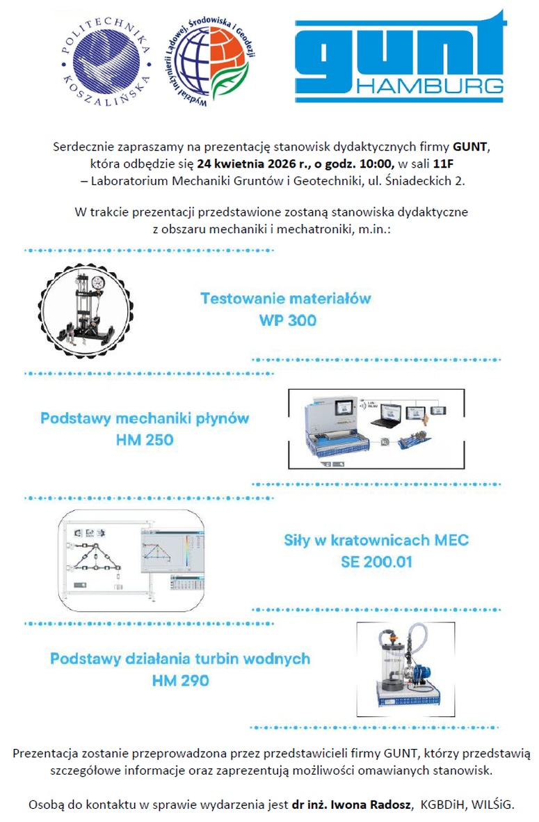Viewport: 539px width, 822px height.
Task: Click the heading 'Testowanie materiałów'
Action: [x=285, y=299]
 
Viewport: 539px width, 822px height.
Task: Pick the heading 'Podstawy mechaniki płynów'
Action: [x=145, y=419]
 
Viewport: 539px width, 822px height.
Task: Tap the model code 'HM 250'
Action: [x=145, y=441]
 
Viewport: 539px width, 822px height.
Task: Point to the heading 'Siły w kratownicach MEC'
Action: [x=376, y=539]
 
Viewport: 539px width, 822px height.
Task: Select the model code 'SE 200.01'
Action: [x=376, y=561]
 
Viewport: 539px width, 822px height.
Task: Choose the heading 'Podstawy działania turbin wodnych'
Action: [x=180, y=658]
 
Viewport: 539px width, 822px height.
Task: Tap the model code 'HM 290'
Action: [x=180, y=681]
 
